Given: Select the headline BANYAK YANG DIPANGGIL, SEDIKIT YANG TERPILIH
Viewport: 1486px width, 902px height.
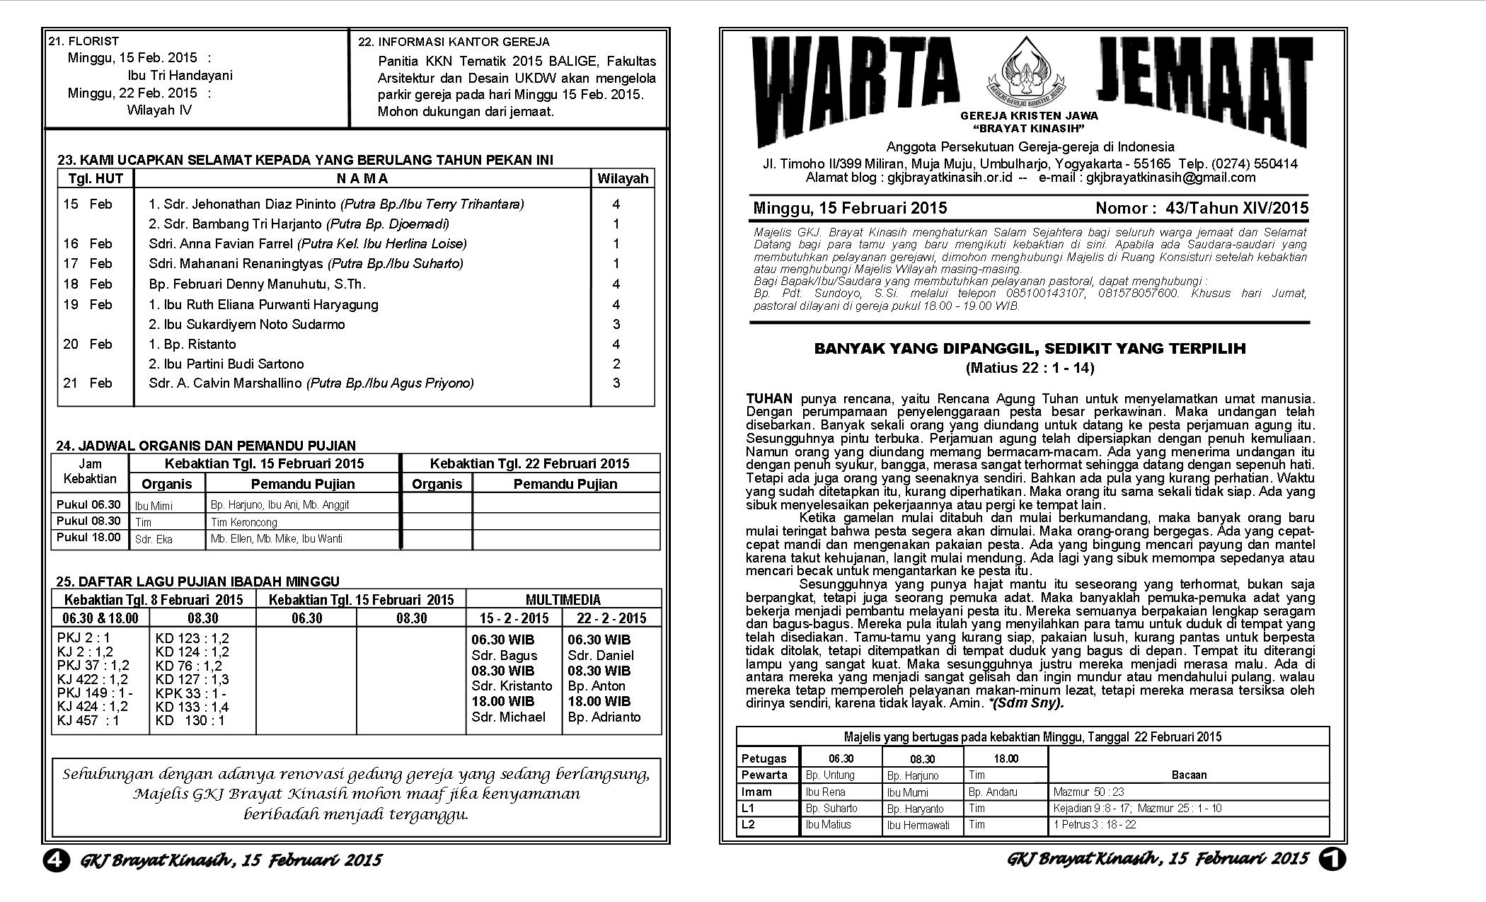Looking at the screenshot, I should pyautogui.click(x=1030, y=349).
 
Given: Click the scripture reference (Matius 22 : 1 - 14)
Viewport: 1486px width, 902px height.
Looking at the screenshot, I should pyautogui.click(x=1030, y=368).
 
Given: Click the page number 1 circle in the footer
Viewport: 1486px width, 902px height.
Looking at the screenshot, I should pyautogui.click(x=1332, y=859).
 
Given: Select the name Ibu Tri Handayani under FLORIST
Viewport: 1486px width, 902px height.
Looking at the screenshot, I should pyautogui.click(x=180, y=76).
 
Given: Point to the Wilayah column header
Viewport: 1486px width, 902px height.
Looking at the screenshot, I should pyautogui.click(x=623, y=179).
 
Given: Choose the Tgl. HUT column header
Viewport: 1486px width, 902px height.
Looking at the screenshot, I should pyautogui.click(x=96, y=179).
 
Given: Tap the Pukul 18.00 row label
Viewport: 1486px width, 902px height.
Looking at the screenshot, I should pyautogui.click(x=88, y=538).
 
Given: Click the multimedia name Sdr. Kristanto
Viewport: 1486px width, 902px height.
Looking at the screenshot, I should pyautogui.click(x=512, y=686).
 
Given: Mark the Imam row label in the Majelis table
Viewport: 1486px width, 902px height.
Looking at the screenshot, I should pyautogui.click(x=756, y=792).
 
